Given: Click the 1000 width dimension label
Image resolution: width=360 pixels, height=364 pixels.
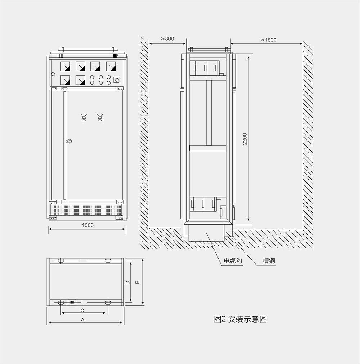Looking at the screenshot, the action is pyautogui.click(x=88, y=225).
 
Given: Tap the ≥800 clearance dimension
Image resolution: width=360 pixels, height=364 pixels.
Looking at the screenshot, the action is pyautogui.click(x=167, y=39).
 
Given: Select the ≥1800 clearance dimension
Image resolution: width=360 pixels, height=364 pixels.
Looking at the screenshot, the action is pyautogui.click(x=268, y=40).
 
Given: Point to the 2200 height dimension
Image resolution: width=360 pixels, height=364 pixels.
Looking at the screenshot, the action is pyautogui.click(x=245, y=139).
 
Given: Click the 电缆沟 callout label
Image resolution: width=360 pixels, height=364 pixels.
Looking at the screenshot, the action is pyautogui.click(x=233, y=261).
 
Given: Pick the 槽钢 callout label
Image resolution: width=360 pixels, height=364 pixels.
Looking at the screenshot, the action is pyautogui.click(x=269, y=261).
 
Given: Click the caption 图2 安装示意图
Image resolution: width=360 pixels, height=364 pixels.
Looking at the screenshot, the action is pyautogui.click(x=240, y=319).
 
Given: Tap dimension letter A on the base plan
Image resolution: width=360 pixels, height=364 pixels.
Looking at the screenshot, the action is pyautogui.click(x=82, y=320).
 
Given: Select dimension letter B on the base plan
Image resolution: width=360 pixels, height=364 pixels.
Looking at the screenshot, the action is pyautogui.click(x=137, y=282).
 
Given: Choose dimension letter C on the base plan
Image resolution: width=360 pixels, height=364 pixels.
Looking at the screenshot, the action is pyautogui.click(x=82, y=311).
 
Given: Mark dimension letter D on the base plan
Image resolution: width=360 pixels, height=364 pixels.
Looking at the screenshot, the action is pyautogui.click(x=127, y=283).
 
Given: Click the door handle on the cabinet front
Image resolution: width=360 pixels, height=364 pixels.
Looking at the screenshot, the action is pyautogui.click(x=69, y=141).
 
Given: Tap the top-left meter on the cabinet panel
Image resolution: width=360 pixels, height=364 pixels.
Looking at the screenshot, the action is pyautogui.click(x=65, y=66).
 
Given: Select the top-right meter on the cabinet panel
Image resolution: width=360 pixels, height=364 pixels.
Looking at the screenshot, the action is pyautogui.click(x=111, y=66).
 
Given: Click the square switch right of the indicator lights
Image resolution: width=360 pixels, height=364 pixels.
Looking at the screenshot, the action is pyautogui.click(x=116, y=80).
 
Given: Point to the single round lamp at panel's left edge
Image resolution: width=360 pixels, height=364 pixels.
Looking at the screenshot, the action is pyautogui.click(x=53, y=74).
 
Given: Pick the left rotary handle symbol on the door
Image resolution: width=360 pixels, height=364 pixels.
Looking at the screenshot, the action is pyautogui.click(x=84, y=117).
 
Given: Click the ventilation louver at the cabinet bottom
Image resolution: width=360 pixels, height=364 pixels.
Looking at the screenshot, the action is pyautogui.click(x=86, y=210).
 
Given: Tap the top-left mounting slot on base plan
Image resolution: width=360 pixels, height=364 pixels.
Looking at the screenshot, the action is pyautogui.click(x=61, y=261).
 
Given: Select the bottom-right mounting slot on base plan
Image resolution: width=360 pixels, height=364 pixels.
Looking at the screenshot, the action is pyautogui.click(x=108, y=302).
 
